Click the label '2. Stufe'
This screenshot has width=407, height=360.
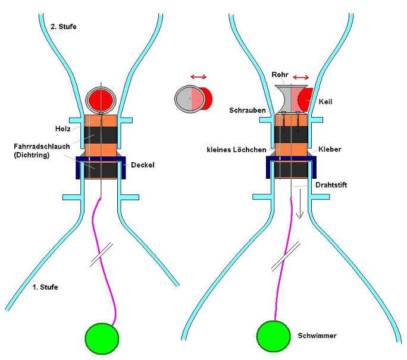(x=63, y=26)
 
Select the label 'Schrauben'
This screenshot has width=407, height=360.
(x=247, y=110)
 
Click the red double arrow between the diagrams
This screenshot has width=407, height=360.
(x=198, y=77)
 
